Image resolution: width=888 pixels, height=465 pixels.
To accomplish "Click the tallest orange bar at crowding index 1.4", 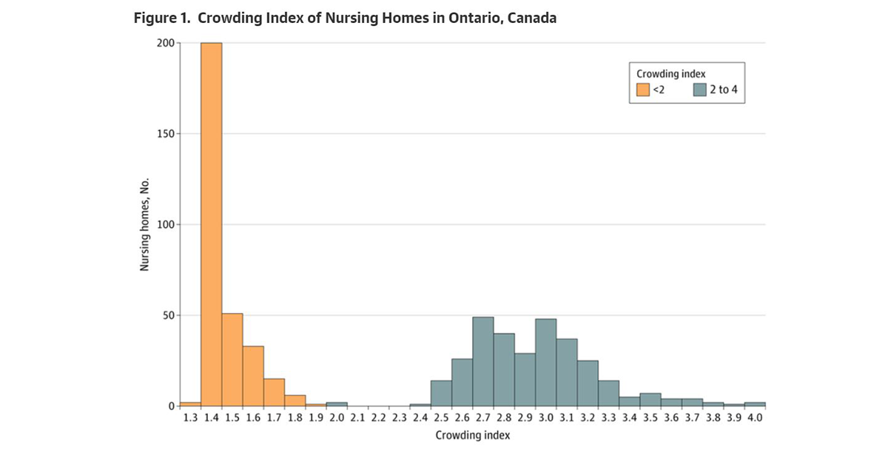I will (x=211, y=222).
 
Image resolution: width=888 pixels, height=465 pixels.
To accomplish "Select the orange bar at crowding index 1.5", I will (x=232, y=360).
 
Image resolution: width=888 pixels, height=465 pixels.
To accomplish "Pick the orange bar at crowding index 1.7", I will (x=274, y=392).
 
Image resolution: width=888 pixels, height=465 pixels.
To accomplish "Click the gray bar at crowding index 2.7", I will (x=482, y=361).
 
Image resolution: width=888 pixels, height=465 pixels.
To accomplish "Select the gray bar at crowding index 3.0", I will (x=545, y=362).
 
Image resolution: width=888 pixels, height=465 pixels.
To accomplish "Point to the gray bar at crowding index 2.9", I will (x=525, y=379).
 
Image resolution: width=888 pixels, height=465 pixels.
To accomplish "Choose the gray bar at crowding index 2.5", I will (x=441, y=393).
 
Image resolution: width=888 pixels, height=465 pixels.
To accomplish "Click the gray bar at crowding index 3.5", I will (x=650, y=400).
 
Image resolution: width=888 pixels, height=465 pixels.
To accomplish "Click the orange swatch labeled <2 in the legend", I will (x=643, y=90).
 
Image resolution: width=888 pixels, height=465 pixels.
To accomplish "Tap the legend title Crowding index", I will (x=671, y=74).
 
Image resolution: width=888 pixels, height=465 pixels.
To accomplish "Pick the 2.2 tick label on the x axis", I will (x=378, y=418).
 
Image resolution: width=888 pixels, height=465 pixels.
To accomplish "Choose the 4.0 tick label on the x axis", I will (x=755, y=418).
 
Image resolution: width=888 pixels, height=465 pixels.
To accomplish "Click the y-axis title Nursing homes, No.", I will (x=146, y=224).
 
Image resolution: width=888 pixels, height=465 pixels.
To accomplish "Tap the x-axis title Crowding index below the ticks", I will (x=472, y=435).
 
